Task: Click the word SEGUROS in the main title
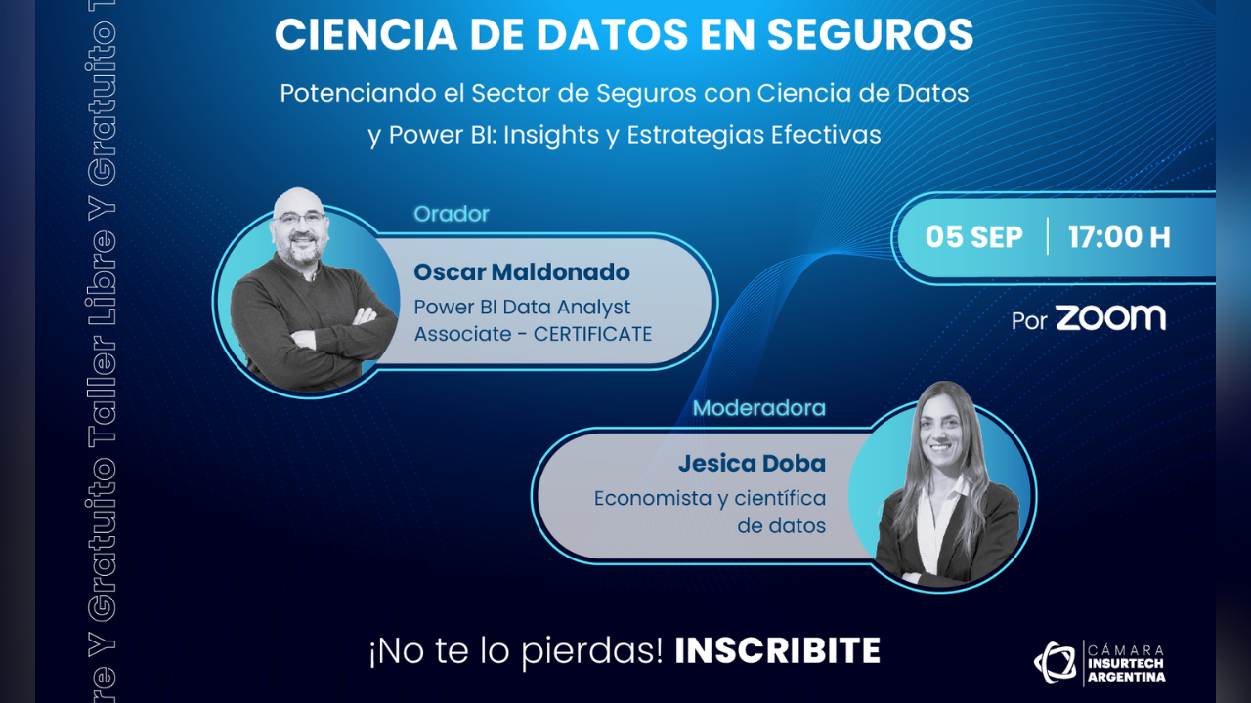click(x=870, y=34)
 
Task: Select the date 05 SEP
click(x=974, y=237)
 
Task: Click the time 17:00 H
click(x=1119, y=237)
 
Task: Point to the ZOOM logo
click(x=1110, y=318)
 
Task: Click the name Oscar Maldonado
click(x=522, y=272)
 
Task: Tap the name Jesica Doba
click(x=752, y=463)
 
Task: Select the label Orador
click(x=452, y=214)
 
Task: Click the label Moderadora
click(x=759, y=408)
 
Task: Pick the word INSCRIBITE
click(x=777, y=650)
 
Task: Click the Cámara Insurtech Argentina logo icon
click(x=1055, y=662)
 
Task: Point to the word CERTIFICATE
click(x=592, y=334)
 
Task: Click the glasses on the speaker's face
click(x=300, y=218)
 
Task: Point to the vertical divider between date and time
click(x=1047, y=236)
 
